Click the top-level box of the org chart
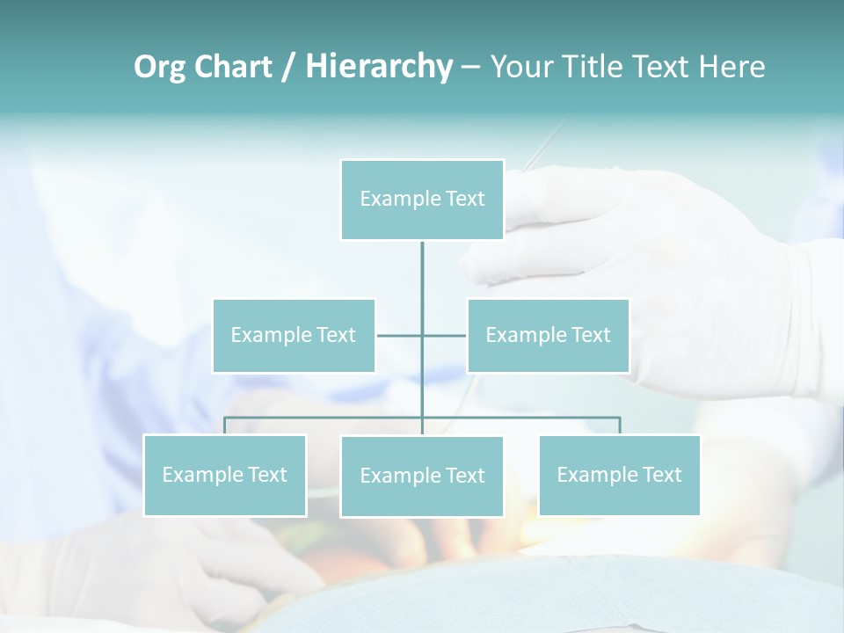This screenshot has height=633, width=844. tap(422, 200)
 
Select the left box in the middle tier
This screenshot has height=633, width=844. tap(294, 335)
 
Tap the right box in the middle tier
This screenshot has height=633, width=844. tap(548, 335)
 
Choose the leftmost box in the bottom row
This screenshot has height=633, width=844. tap(225, 475)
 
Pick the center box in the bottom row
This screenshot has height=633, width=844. tap(422, 476)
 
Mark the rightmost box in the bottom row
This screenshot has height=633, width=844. tap(619, 475)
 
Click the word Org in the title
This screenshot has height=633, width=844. tap(161, 67)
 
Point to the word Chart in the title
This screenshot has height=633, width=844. tap(233, 67)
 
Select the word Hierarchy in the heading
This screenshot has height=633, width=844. tap(378, 67)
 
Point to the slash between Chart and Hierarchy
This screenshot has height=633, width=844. tap(287, 67)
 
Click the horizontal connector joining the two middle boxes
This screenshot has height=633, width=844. tap(400, 335)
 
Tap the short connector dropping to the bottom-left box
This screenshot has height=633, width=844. tap(225, 426)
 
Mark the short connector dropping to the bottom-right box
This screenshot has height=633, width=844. tap(620, 426)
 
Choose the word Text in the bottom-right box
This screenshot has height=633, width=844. tap(662, 475)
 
